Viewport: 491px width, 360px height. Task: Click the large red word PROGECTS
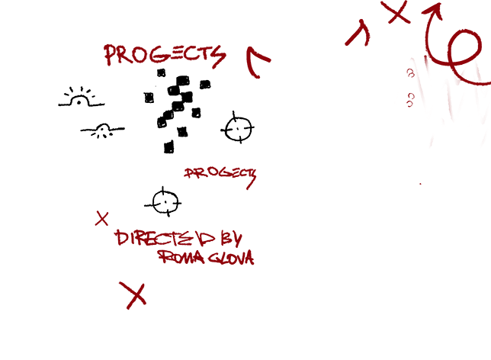click(x=164, y=55)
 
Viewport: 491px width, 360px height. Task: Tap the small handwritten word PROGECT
click(x=220, y=175)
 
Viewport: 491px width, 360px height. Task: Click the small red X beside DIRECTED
click(x=101, y=219)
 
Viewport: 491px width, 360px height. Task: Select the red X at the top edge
click(x=396, y=12)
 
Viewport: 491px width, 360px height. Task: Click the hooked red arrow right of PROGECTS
click(x=257, y=61)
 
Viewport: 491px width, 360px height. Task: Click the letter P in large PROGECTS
click(x=111, y=55)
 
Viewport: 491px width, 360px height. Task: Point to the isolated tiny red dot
click(x=420, y=184)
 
